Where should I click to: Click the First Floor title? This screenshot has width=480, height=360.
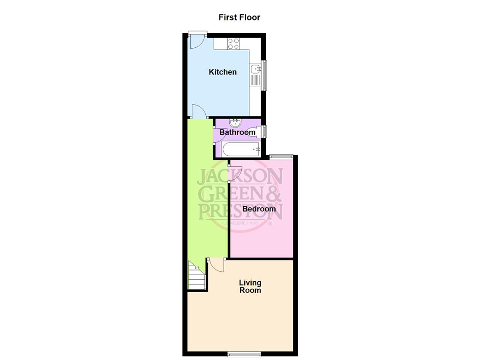tap(239, 17)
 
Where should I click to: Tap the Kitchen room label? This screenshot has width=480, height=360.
tap(222, 72)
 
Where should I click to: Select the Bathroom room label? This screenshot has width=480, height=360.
tap(237, 132)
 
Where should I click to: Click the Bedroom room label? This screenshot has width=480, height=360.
tap(259, 208)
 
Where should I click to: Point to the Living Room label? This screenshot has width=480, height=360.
tap(250, 286)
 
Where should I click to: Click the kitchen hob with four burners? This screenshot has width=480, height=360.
tap(233, 44)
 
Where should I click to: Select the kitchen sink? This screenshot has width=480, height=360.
tap(255, 70)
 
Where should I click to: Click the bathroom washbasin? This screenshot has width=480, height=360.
tap(235, 123)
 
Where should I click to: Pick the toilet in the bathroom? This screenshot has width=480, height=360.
tap(256, 132)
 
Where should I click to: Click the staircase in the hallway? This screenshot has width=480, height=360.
tap(197, 277)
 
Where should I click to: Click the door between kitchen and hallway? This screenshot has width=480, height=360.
tap(198, 112)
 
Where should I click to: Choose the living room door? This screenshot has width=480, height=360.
tap(217, 265)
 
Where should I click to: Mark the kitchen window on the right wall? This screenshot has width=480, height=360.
tap(264, 75)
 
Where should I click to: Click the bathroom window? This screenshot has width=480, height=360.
tap(264, 132)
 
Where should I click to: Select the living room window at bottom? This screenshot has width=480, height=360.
tap(244, 354)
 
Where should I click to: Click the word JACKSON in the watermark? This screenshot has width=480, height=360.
tap(240, 177)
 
